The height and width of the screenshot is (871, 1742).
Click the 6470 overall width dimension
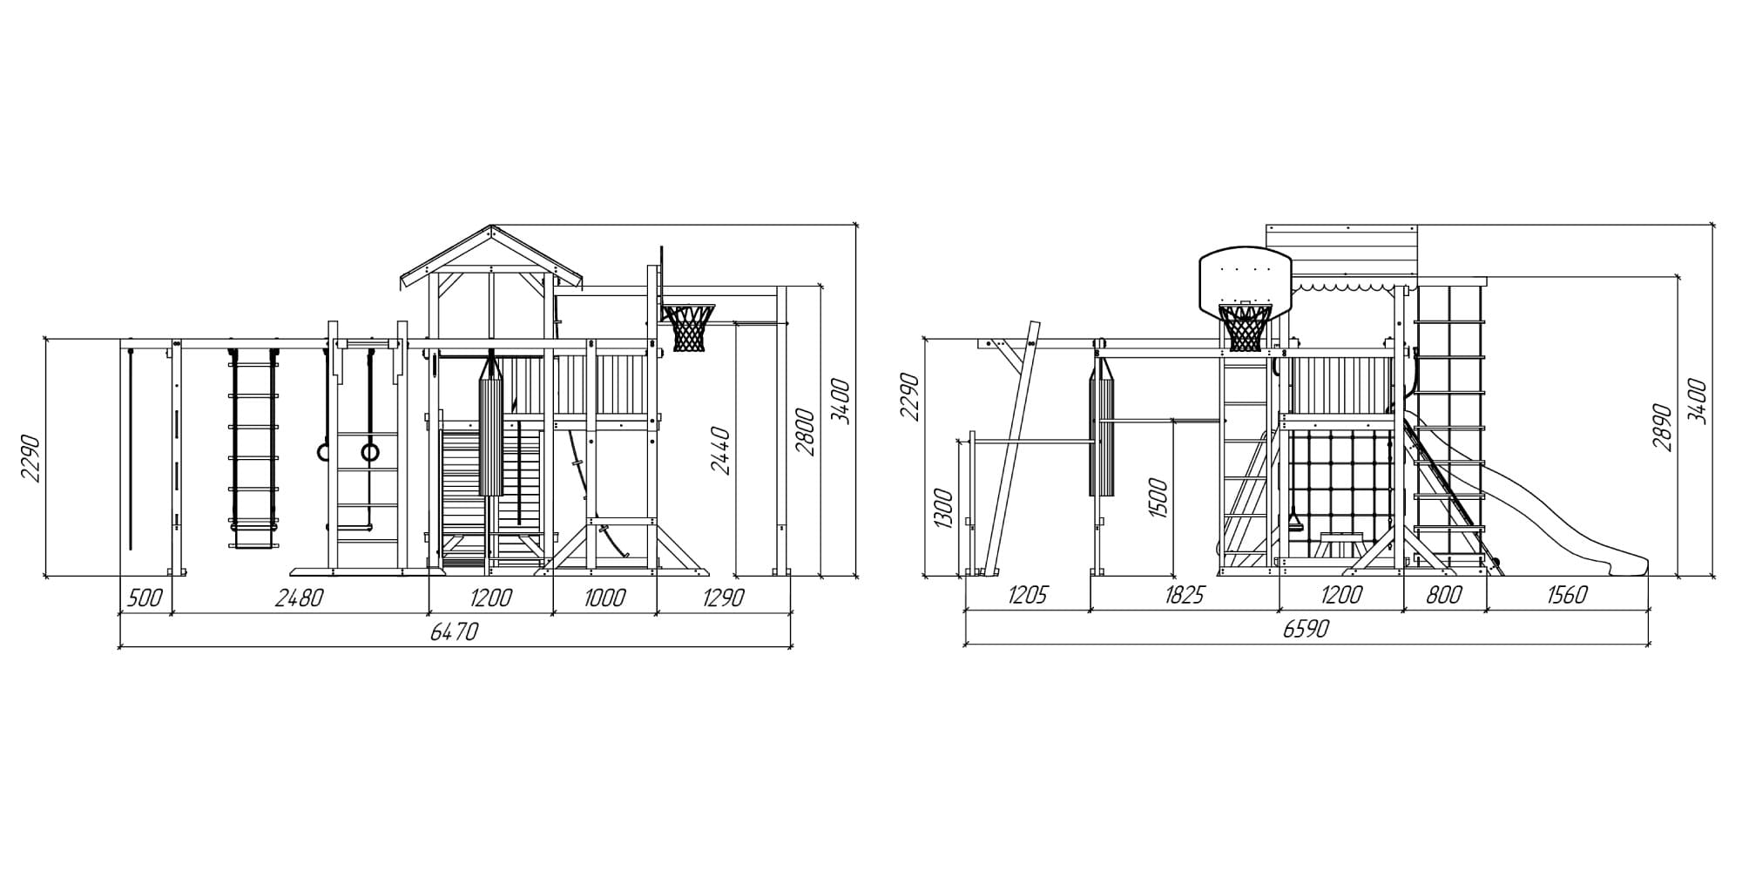coord(455,631)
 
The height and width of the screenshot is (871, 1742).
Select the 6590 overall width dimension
coord(1306,629)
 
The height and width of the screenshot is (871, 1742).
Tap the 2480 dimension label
coord(299,598)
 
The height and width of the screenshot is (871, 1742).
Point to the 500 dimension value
coord(145,598)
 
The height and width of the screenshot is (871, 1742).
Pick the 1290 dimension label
coord(722,598)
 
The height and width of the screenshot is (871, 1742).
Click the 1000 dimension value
coord(604,598)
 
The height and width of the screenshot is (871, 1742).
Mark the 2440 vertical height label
coord(721,450)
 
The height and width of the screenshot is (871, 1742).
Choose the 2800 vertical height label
coord(806,432)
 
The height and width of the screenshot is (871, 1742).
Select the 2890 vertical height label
coord(1663,427)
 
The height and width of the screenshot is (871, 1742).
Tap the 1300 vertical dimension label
coord(943,508)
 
